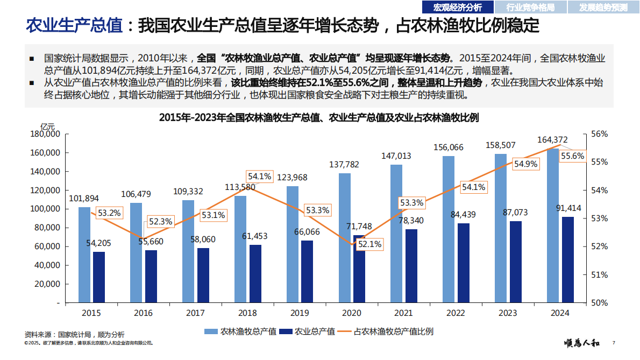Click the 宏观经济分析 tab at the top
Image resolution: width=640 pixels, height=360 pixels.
click(458, 7)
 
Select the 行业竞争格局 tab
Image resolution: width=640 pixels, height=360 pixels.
click(530, 7)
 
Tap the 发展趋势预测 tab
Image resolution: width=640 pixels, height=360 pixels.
click(603, 7)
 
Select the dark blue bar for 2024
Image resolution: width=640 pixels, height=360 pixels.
click(567, 259)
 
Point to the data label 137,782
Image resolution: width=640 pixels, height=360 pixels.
click(344, 164)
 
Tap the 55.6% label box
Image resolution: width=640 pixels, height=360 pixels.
click(572, 156)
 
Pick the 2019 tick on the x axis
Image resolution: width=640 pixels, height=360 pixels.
click(300, 313)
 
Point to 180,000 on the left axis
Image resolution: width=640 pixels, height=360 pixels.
click(45, 134)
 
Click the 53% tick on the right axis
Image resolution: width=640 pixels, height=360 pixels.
click(599, 218)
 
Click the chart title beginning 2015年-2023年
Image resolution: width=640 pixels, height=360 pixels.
click(319, 117)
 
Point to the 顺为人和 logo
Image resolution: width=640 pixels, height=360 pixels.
click(584, 343)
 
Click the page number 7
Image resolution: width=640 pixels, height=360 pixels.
click(614, 343)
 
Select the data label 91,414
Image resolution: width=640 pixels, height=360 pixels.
click(567, 208)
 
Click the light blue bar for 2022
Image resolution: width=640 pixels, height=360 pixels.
click(448, 229)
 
